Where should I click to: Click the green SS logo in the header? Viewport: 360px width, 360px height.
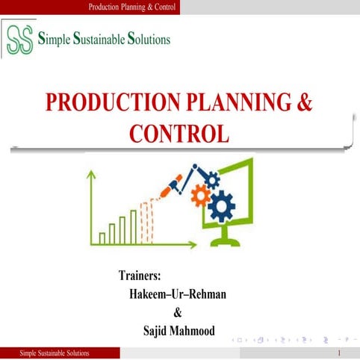18,40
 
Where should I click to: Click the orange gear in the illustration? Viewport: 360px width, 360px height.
201,196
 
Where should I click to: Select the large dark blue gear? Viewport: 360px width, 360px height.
222,205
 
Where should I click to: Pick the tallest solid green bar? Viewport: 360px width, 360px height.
133,227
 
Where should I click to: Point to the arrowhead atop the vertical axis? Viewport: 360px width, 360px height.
92,176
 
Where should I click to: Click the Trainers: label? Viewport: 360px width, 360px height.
140,276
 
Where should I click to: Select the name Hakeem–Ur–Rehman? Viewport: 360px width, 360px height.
178,294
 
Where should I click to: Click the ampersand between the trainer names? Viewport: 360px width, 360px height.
177,312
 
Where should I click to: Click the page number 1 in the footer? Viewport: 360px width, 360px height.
339,353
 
